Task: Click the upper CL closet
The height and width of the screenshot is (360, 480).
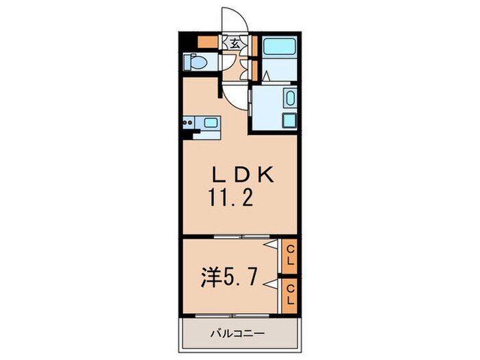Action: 290,254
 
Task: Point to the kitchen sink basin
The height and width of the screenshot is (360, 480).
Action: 211,123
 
